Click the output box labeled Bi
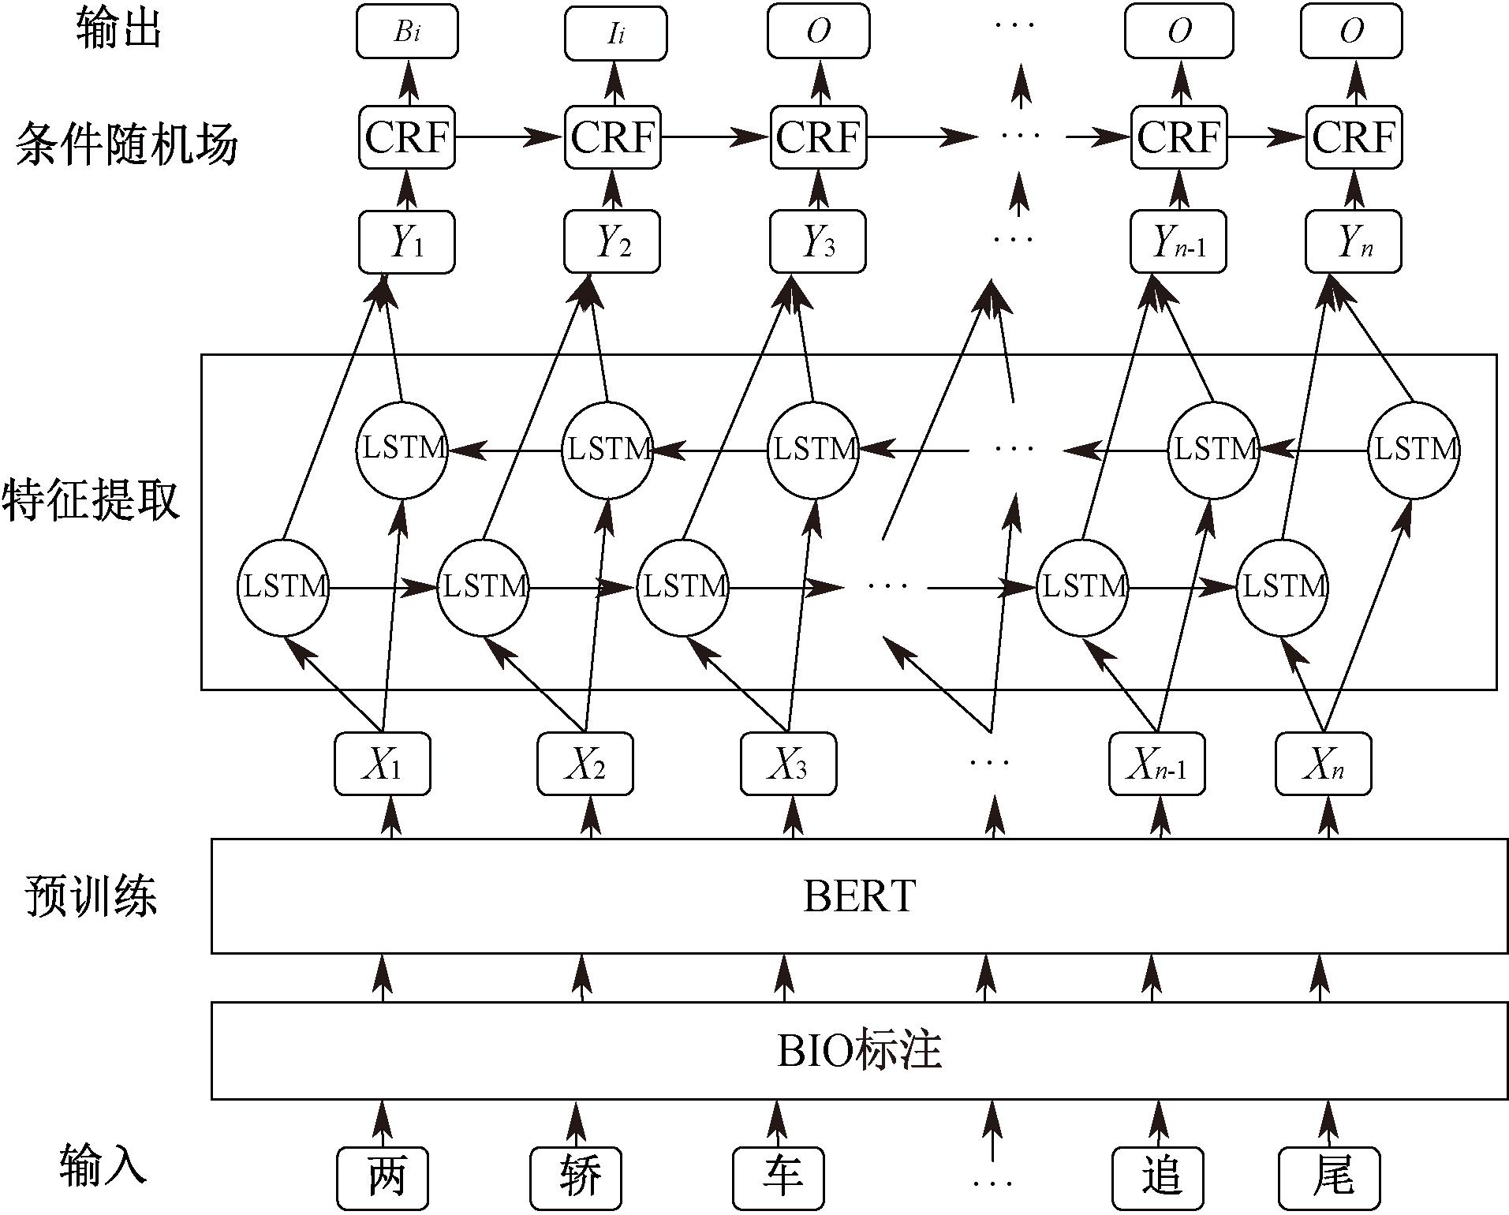(407, 32)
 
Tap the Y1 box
(406, 241)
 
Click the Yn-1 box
(1178, 241)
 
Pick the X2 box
(585, 764)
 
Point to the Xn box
(1323, 764)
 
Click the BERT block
(859, 895)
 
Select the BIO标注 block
(859, 1050)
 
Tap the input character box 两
(383, 1179)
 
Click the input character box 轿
(576, 1179)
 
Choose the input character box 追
(1158, 1179)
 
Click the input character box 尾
(1329, 1179)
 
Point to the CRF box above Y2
(613, 137)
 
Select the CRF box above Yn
(1354, 137)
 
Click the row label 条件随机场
(126, 144)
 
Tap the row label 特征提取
(92, 499)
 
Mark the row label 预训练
(92, 895)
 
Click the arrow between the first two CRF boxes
(510, 137)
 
